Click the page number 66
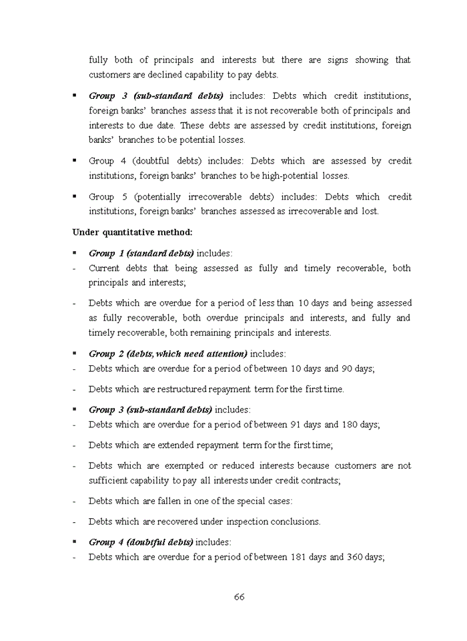(239, 597)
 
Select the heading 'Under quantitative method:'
(132, 232)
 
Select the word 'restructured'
(199, 389)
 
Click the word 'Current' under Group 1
(104, 268)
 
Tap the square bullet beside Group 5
(75, 196)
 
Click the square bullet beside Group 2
(75, 353)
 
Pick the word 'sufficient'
(109, 481)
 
